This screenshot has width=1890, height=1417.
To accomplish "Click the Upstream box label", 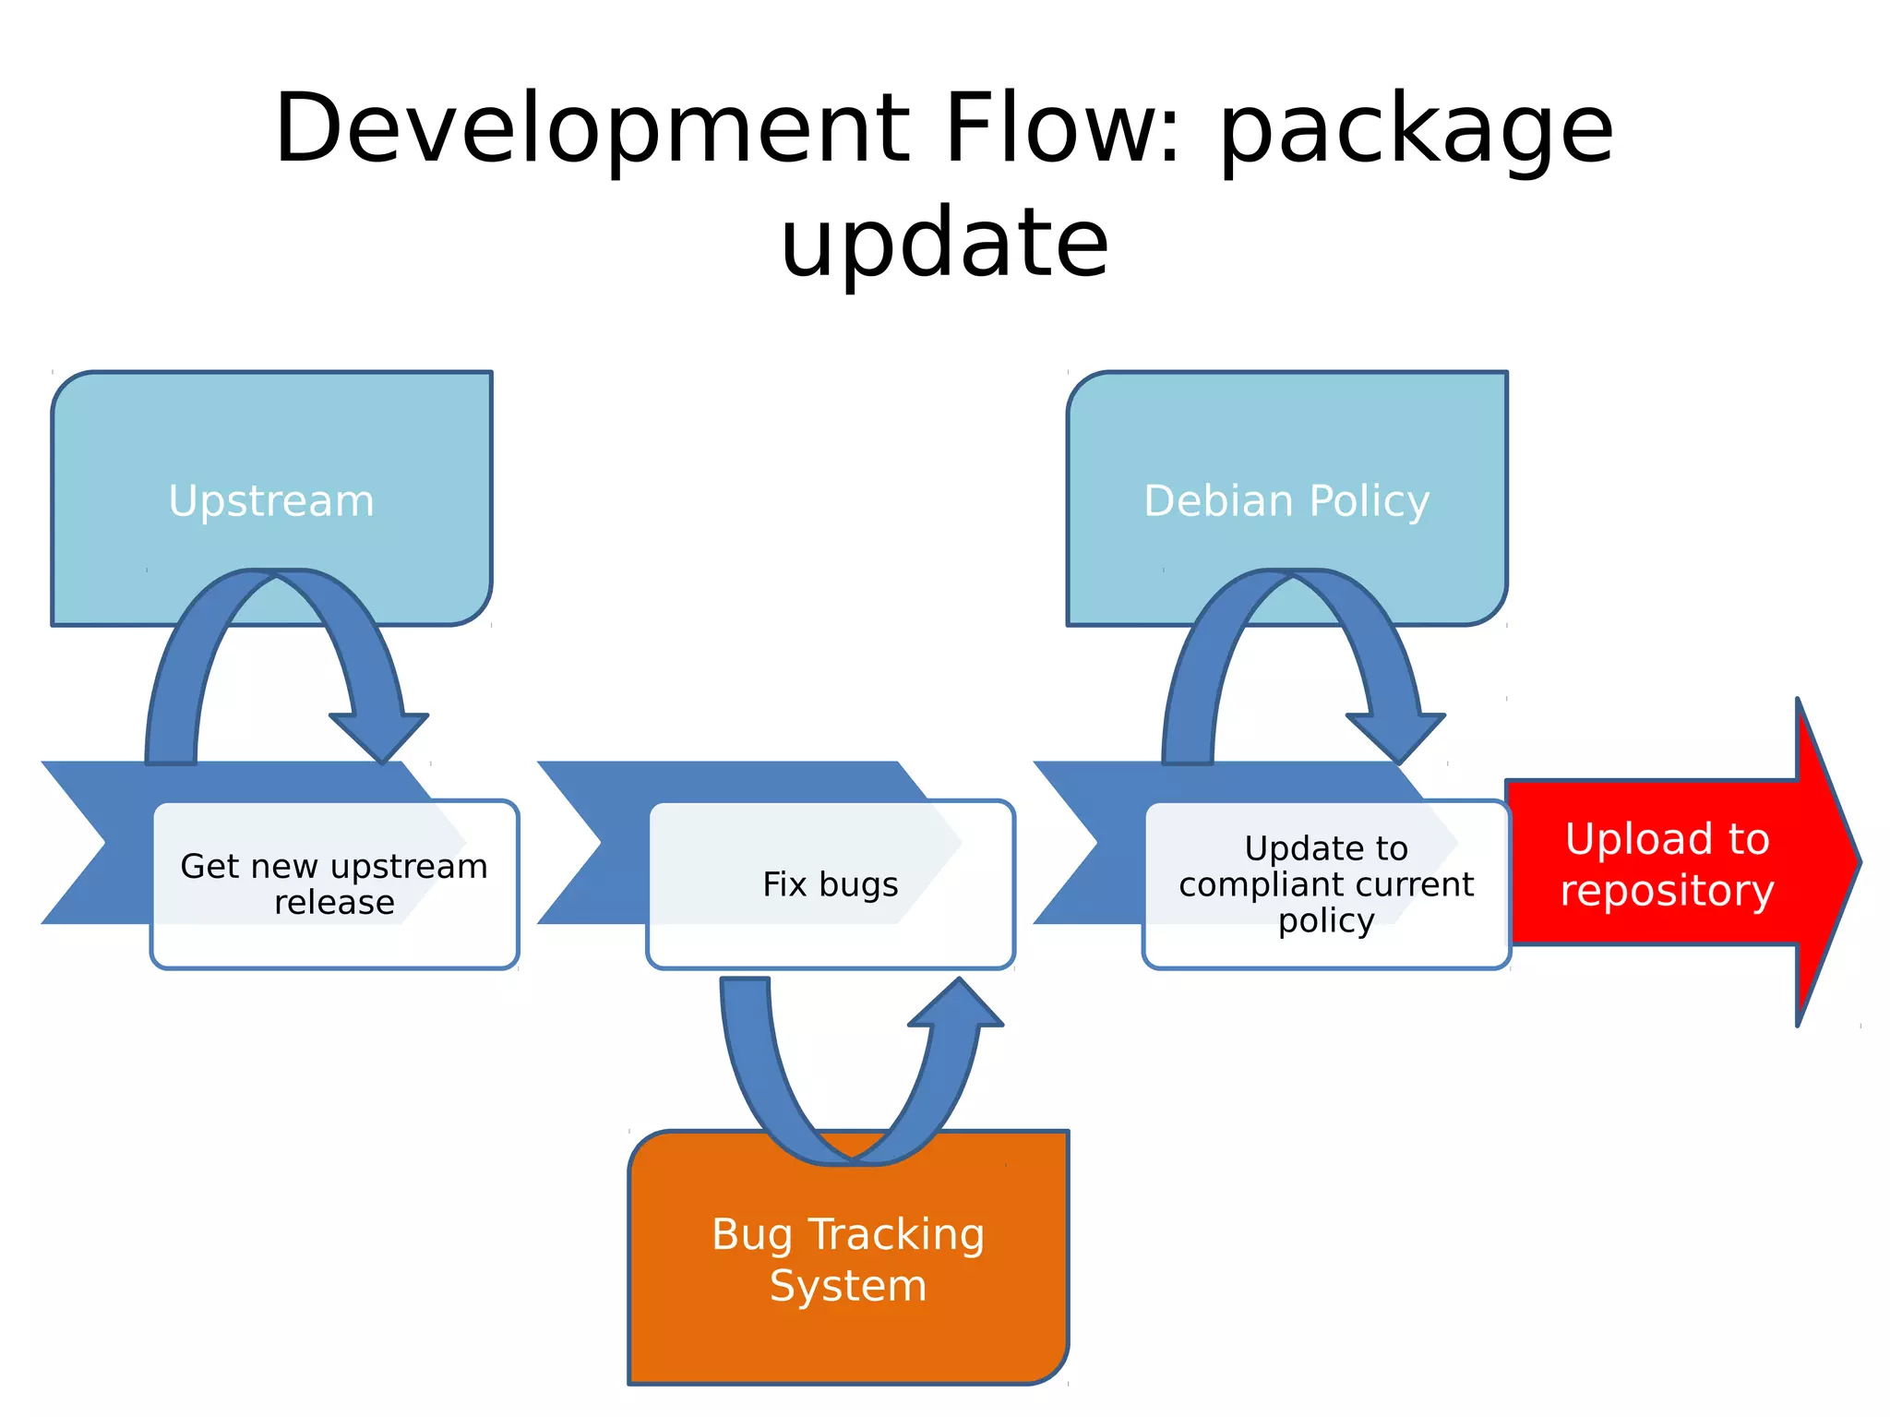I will click(x=271, y=501).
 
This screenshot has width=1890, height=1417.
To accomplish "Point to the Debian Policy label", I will click(x=1286, y=501).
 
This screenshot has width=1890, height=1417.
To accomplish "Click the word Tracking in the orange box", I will click(x=896, y=1235).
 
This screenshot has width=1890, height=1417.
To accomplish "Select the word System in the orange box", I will click(x=848, y=1286).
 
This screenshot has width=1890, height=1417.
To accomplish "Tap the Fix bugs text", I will click(x=830, y=884).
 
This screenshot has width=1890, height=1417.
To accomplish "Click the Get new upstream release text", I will click(x=334, y=883).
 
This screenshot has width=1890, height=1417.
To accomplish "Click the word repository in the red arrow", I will click(x=1667, y=891).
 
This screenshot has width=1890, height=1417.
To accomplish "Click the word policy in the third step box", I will click(x=1325, y=920).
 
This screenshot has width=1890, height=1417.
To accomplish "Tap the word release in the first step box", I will click(x=334, y=902).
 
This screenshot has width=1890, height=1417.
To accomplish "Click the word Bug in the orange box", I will click(x=751, y=1235).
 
